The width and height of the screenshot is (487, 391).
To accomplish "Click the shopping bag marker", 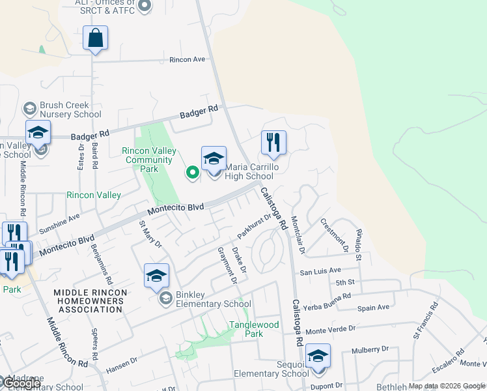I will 95,38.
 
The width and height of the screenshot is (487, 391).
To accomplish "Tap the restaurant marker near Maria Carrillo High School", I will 273,143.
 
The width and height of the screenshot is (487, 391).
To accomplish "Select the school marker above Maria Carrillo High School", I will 214,158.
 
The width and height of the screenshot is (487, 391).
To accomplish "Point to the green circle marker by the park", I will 192,173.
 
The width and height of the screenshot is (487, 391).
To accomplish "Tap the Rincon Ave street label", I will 187,59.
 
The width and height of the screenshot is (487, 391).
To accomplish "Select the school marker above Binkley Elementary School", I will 156,276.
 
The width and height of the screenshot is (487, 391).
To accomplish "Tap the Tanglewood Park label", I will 253,329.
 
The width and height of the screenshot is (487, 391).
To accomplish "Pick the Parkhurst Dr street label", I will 254,225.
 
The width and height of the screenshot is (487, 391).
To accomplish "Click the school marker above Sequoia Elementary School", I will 318,356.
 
